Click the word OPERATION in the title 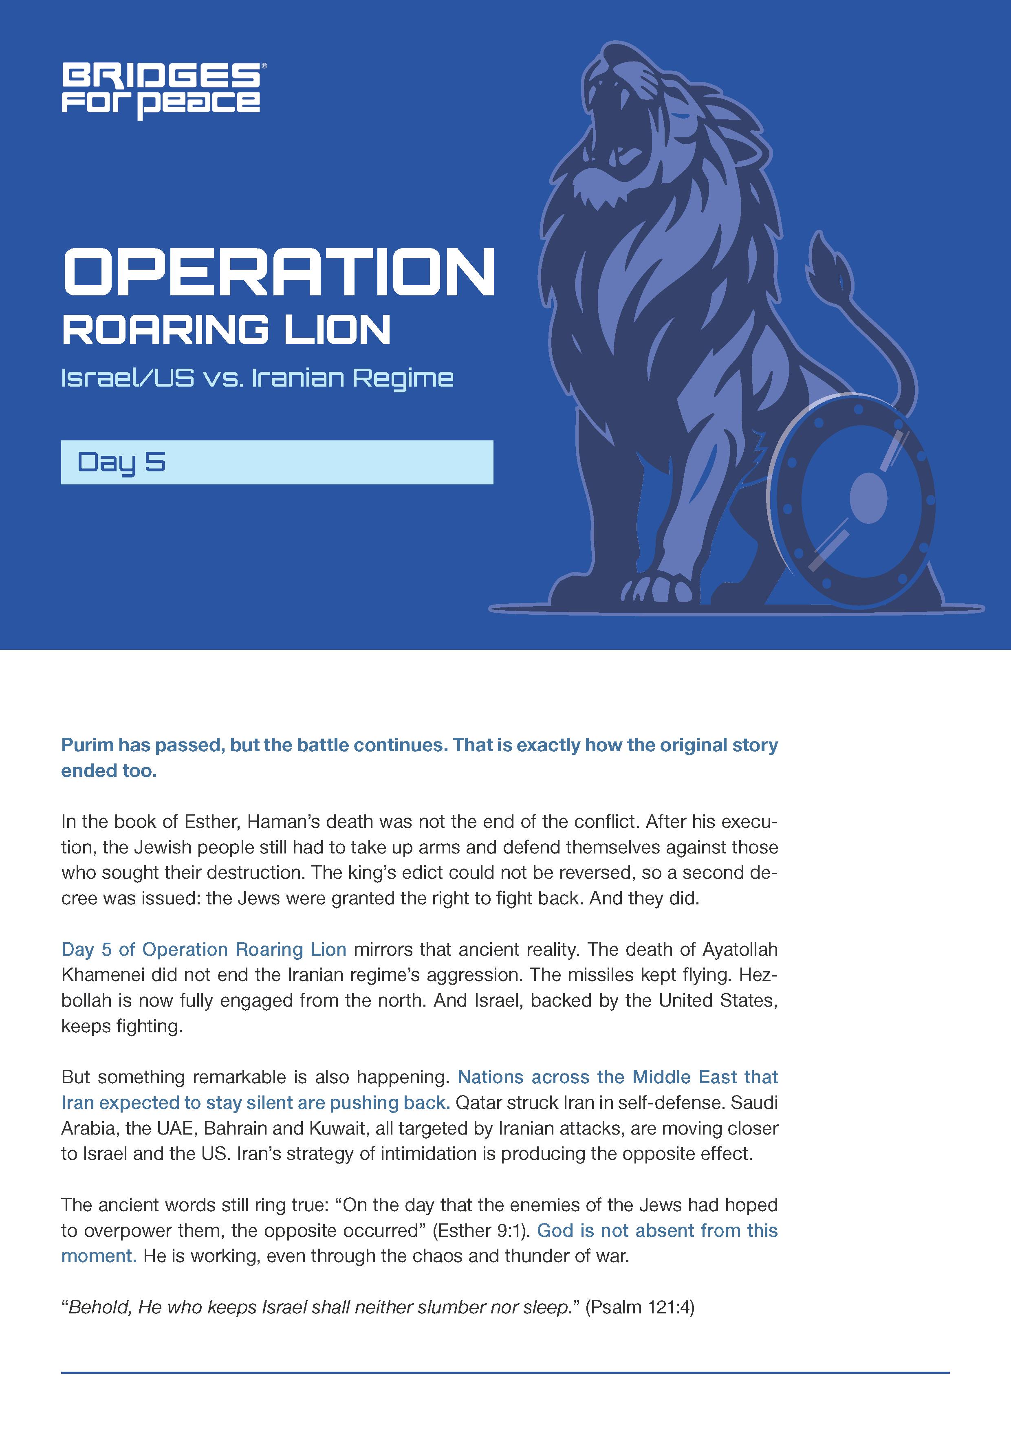click(x=279, y=272)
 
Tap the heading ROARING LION click(x=226, y=330)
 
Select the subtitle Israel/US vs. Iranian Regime click(x=257, y=378)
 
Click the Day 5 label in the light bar click(x=121, y=462)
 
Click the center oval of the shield click(x=868, y=498)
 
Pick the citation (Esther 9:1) click(x=481, y=1230)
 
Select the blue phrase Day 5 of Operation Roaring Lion click(x=204, y=949)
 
